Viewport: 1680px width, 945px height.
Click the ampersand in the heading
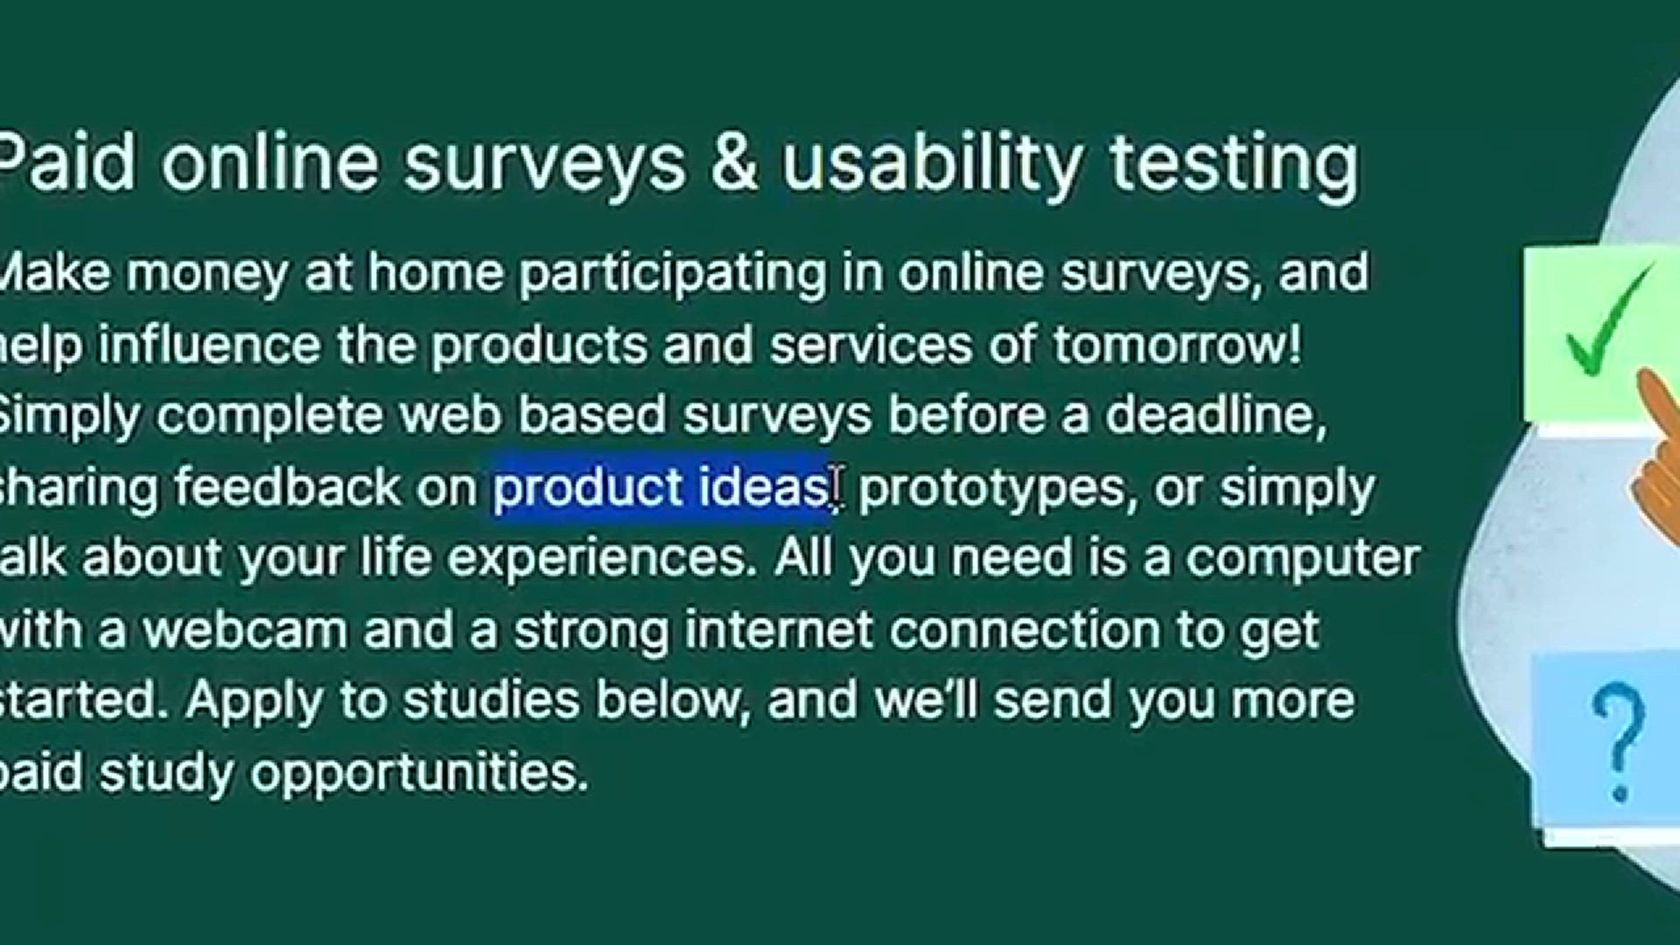[x=734, y=163]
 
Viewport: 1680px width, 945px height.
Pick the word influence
[x=209, y=344]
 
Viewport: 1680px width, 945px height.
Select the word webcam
[x=244, y=630]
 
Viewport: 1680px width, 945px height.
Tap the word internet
[x=780, y=630]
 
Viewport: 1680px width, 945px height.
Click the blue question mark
[x=1618, y=743]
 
